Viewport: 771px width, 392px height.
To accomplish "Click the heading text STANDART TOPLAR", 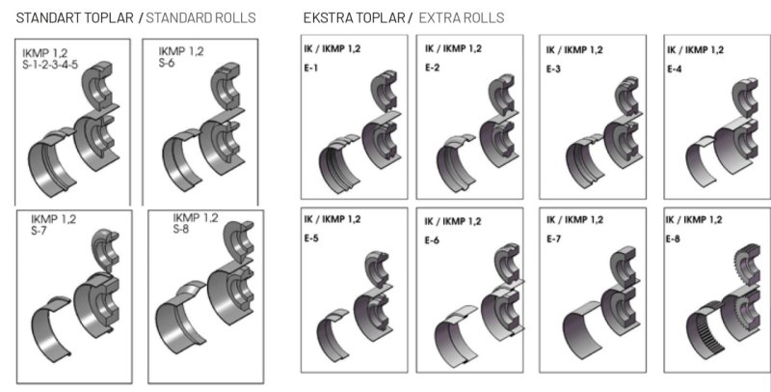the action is [75, 18].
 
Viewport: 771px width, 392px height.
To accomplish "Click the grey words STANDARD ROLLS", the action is [200, 18].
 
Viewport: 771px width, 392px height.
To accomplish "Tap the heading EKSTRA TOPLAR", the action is [354, 18].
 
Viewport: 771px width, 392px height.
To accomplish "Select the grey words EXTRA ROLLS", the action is [462, 18].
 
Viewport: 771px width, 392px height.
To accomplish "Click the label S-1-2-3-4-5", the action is [50, 65].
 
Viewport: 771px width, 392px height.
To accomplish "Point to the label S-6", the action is [166, 63].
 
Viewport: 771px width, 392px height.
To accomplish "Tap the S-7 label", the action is [39, 230].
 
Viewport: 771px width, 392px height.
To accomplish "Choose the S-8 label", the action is [180, 229].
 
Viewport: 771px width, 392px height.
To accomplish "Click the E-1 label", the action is [310, 68].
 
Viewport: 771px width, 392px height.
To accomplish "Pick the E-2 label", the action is [432, 68].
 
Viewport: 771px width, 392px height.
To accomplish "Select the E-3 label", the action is [553, 69].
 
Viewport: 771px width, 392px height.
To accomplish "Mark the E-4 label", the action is [674, 69].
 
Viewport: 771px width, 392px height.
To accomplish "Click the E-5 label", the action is [310, 238].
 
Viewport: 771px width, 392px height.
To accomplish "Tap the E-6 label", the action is [432, 240].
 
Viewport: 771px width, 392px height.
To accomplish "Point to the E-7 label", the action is [553, 238].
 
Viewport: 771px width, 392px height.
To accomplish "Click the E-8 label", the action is [673, 238].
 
